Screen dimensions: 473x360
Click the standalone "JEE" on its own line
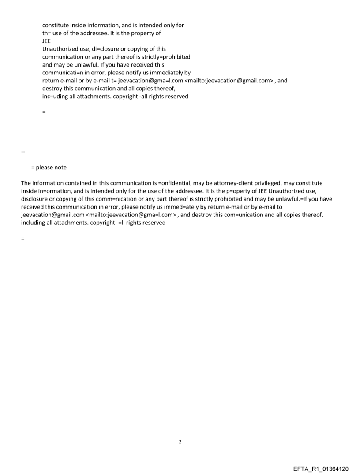point(46,41)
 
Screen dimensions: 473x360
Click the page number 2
point(180,442)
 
